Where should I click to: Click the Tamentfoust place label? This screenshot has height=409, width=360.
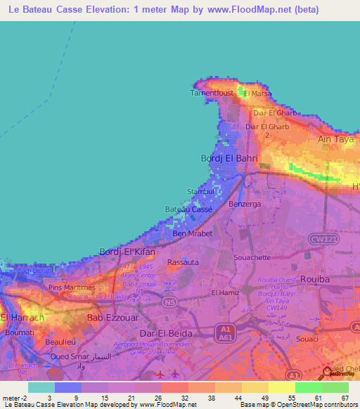point(212,92)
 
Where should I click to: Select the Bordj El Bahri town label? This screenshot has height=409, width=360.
point(230,158)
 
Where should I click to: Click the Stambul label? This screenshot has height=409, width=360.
point(200,191)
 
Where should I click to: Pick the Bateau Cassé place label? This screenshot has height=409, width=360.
point(188,209)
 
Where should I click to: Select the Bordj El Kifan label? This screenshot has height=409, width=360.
point(127,252)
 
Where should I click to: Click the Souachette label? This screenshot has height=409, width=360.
point(252,257)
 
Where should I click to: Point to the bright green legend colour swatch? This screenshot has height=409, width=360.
point(309,387)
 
